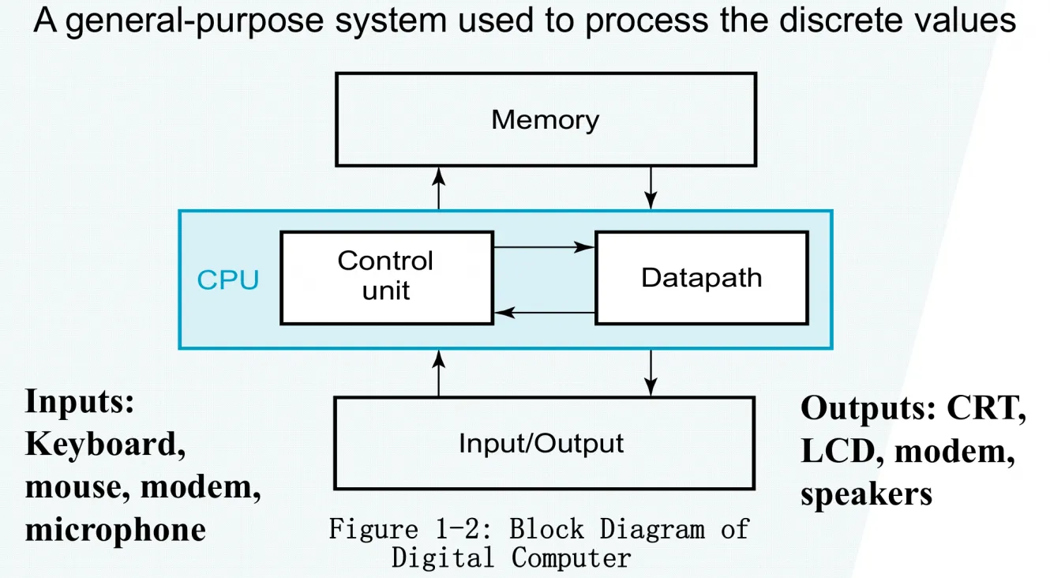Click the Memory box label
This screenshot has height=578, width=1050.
(x=546, y=120)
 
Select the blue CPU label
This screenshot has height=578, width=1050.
(x=228, y=280)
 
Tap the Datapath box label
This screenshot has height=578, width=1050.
(x=701, y=277)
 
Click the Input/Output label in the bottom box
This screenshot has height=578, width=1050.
(x=542, y=444)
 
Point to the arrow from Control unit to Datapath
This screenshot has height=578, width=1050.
(x=544, y=246)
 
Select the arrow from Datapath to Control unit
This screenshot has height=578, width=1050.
(x=545, y=312)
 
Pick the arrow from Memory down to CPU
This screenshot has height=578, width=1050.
(x=651, y=188)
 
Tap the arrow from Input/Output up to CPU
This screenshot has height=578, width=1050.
(x=438, y=373)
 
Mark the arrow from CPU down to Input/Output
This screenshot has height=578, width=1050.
(x=651, y=373)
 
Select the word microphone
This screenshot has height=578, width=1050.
(x=115, y=530)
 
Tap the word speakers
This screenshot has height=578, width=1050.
(x=866, y=494)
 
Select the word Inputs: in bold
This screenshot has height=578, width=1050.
(x=80, y=402)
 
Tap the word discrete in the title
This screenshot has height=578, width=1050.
(x=841, y=21)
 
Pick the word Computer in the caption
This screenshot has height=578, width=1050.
(x=571, y=558)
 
